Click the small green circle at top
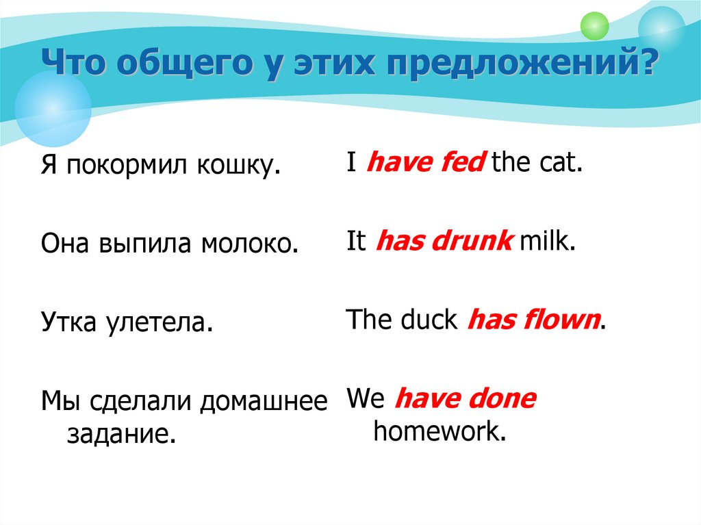pos(594,26)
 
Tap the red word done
pos(502,398)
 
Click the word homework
pos(439,432)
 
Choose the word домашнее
pos(264,402)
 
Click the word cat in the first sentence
pos(563,164)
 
